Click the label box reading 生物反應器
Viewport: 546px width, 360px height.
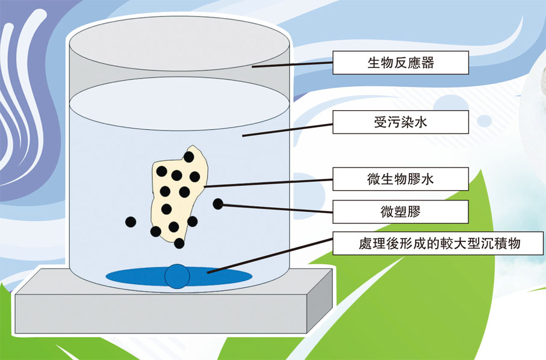tap(400, 62)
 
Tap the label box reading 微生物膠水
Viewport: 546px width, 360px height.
tap(400, 179)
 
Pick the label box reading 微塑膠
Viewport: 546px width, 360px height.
tap(400, 211)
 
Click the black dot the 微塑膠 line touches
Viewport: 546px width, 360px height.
tap(218, 204)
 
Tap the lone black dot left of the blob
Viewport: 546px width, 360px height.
tap(130, 222)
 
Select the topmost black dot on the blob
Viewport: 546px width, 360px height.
tap(189, 157)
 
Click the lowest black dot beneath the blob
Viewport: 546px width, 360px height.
tap(179, 243)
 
